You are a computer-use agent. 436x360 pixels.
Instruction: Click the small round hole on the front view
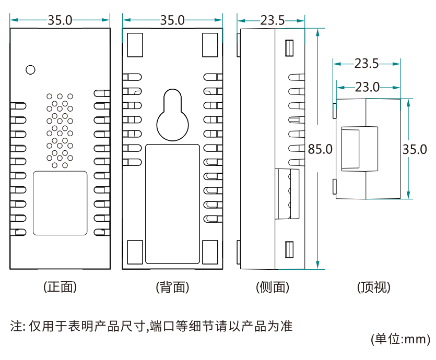(30, 69)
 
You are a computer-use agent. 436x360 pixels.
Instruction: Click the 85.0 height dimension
(320, 149)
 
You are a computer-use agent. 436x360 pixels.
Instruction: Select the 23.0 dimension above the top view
(368, 87)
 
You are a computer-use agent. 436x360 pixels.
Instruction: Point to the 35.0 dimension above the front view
(60, 20)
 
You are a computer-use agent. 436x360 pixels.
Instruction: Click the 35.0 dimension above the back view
(173, 20)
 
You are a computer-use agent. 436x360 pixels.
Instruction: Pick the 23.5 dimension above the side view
(272, 20)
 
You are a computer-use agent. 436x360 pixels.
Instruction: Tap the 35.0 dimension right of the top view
(415, 149)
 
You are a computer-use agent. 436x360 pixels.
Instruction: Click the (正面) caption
(60, 286)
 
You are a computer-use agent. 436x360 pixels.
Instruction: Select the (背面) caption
(172, 286)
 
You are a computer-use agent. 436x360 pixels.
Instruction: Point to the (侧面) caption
(273, 286)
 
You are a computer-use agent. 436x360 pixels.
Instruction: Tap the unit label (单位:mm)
(399, 339)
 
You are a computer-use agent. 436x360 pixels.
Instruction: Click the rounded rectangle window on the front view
(60, 202)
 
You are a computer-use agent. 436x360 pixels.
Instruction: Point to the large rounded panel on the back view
(173, 203)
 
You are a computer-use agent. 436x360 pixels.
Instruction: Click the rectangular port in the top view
(351, 149)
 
